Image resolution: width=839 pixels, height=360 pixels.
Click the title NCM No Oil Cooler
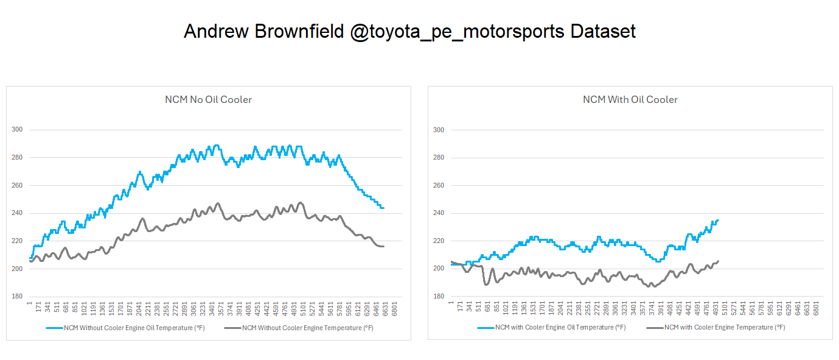pos(208,100)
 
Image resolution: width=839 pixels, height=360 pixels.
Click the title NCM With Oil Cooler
pos(630,100)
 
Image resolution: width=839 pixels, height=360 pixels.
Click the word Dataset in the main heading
pos(603,31)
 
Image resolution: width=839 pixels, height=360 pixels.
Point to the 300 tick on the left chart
pos(16,130)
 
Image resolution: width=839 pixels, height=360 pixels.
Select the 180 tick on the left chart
pos(16,297)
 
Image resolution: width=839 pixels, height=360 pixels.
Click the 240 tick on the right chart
pos(438,213)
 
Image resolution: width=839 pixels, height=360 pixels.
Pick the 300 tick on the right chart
pos(438,130)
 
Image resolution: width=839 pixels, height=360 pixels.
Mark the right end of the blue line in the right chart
pos(718,221)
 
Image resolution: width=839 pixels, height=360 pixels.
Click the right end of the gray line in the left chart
pos(383,246)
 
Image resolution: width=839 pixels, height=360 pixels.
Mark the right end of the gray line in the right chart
pos(718,261)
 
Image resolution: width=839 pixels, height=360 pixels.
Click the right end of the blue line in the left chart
pos(383,208)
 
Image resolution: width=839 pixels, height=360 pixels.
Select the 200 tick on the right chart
pos(438,269)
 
